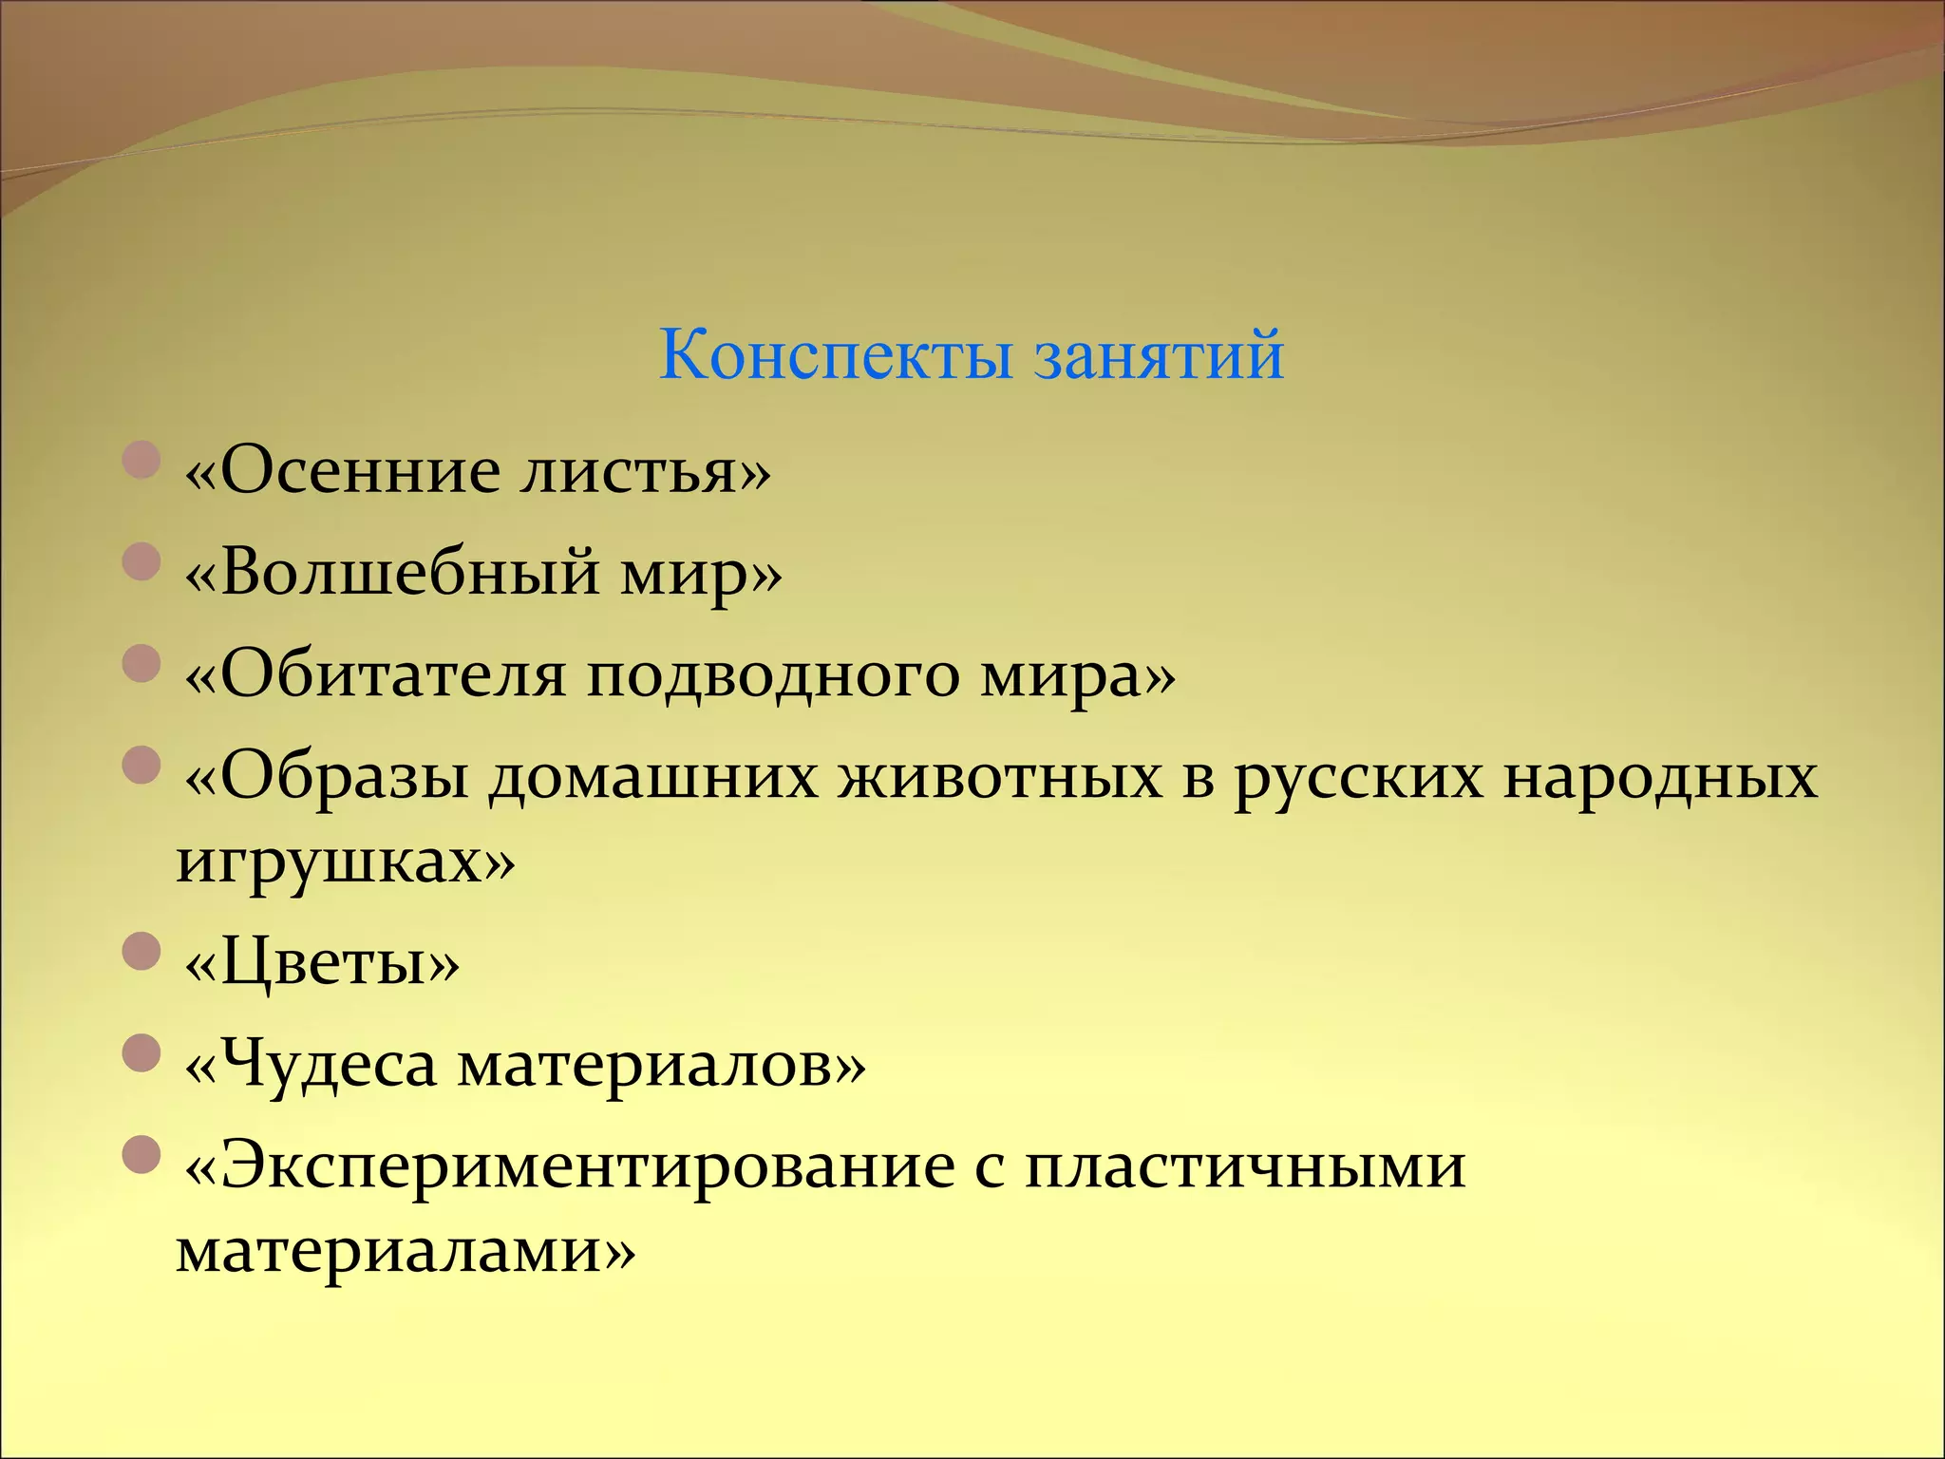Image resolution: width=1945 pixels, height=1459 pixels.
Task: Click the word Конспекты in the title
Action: (836, 355)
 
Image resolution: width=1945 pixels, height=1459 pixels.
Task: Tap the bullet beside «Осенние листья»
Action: (141, 459)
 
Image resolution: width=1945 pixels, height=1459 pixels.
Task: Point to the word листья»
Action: (646, 471)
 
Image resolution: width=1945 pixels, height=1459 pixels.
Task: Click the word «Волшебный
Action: (391, 573)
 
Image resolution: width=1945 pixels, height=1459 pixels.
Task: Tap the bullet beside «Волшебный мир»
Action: (141, 561)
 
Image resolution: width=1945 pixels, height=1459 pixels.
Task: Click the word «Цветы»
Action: (321, 965)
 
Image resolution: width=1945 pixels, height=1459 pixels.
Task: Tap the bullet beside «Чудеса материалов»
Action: (141, 1052)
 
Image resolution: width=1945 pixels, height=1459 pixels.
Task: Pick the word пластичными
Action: (1245, 1166)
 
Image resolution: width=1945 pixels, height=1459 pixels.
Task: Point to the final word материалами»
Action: (405, 1250)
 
